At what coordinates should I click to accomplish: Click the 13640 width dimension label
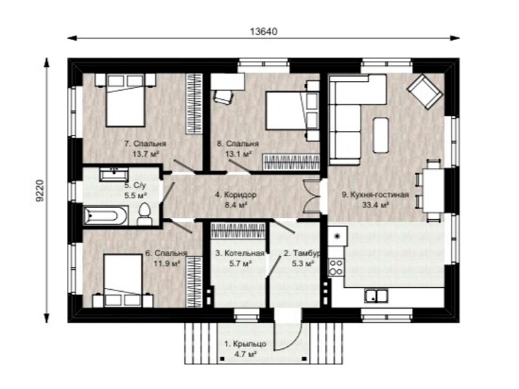(x=263, y=31)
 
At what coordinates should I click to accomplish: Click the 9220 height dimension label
(x=40, y=191)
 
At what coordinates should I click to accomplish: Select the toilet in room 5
(x=144, y=214)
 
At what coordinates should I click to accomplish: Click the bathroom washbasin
(x=114, y=174)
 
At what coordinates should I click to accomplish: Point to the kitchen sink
(x=376, y=296)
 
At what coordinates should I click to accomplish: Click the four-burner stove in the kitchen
(x=336, y=268)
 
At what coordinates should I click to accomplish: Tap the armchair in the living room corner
(x=425, y=91)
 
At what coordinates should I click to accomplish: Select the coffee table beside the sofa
(x=381, y=135)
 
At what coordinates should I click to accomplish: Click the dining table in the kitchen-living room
(x=433, y=190)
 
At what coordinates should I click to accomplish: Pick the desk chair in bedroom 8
(x=223, y=96)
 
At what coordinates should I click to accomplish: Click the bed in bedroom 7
(x=126, y=100)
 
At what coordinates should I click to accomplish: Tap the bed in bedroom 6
(x=123, y=280)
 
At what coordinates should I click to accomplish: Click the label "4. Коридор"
(x=235, y=195)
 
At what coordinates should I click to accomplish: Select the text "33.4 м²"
(x=375, y=205)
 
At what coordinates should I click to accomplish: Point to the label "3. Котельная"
(x=239, y=253)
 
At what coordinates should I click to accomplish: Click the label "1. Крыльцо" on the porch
(x=245, y=344)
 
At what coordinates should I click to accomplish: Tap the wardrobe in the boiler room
(x=238, y=230)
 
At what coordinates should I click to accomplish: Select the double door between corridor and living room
(x=312, y=196)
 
